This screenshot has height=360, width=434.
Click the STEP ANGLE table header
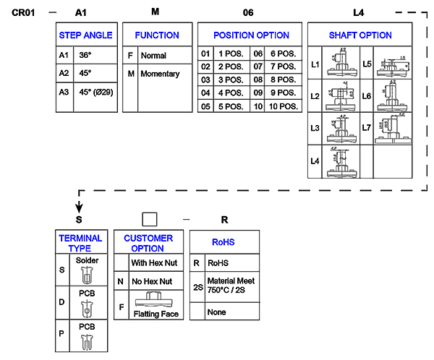(85, 35)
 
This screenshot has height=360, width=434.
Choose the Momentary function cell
(160, 74)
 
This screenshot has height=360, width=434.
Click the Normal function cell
(153, 56)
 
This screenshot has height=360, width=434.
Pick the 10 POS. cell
(283, 106)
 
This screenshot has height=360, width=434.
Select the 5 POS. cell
(231, 106)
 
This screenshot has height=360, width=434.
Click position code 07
(258, 66)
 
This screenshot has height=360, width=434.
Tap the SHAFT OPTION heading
(360, 35)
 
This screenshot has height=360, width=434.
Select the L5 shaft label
(367, 64)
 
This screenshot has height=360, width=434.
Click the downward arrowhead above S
(79, 208)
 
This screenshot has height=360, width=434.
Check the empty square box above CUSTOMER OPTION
(149, 219)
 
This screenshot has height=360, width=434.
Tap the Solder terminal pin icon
(87, 274)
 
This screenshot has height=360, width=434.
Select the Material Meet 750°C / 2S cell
(231, 286)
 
